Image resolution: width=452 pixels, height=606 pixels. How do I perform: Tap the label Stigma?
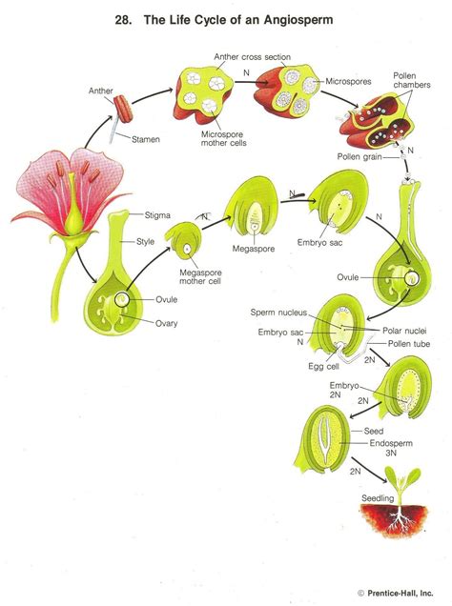point(157,215)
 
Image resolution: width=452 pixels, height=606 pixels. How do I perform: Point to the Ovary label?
point(168,323)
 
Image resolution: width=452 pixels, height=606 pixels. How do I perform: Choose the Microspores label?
point(351,82)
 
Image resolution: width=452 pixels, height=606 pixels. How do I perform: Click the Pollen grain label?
point(361,157)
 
